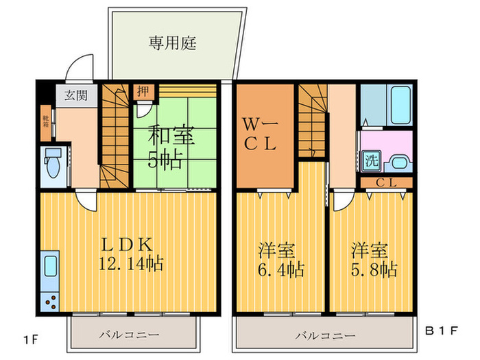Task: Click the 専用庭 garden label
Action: pyautogui.click(x=173, y=45)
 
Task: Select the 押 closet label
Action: pyautogui.click(x=141, y=91)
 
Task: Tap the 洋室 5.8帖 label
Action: pyautogui.click(x=374, y=259)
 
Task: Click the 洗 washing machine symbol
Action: pyautogui.click(x=370, y=163)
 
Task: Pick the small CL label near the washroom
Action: pyautogui.click(x=385, y=182)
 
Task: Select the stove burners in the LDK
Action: pyautogui.click(x=51, y=300)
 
